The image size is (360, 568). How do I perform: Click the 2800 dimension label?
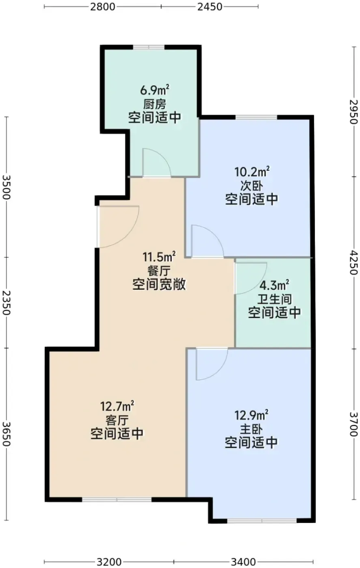pos(103,6)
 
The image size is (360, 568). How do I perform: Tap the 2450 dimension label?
pos(210,6)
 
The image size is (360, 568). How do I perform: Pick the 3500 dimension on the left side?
pos(6,187)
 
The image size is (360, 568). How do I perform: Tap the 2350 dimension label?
pos(6,303)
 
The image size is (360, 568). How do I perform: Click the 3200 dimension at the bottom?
pos(109,562)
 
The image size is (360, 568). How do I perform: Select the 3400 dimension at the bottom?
pos(243,562)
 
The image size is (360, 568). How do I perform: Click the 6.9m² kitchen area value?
pos(155,90)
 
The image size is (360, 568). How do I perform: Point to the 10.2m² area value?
pos(252,172)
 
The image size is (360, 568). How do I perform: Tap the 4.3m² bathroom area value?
pos(274,285)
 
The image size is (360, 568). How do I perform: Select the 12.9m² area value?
pos(251,415)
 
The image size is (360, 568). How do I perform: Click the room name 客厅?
pos(117,420)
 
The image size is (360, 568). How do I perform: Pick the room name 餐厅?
pos(159,271)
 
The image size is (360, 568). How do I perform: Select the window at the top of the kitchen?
pos(149,47)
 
